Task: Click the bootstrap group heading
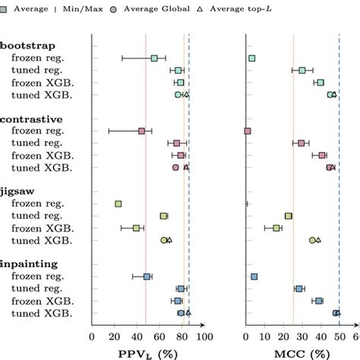22,46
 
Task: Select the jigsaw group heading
16,192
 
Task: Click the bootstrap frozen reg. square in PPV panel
154,58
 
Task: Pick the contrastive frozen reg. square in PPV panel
141,131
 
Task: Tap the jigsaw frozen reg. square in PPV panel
118,204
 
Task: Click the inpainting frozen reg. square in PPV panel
147,276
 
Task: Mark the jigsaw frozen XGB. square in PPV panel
137,228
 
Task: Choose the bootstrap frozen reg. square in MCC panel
252,58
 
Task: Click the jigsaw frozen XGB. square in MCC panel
276,228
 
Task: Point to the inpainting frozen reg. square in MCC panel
254,276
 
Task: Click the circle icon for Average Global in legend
114,9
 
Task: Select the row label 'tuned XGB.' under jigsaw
43,240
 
